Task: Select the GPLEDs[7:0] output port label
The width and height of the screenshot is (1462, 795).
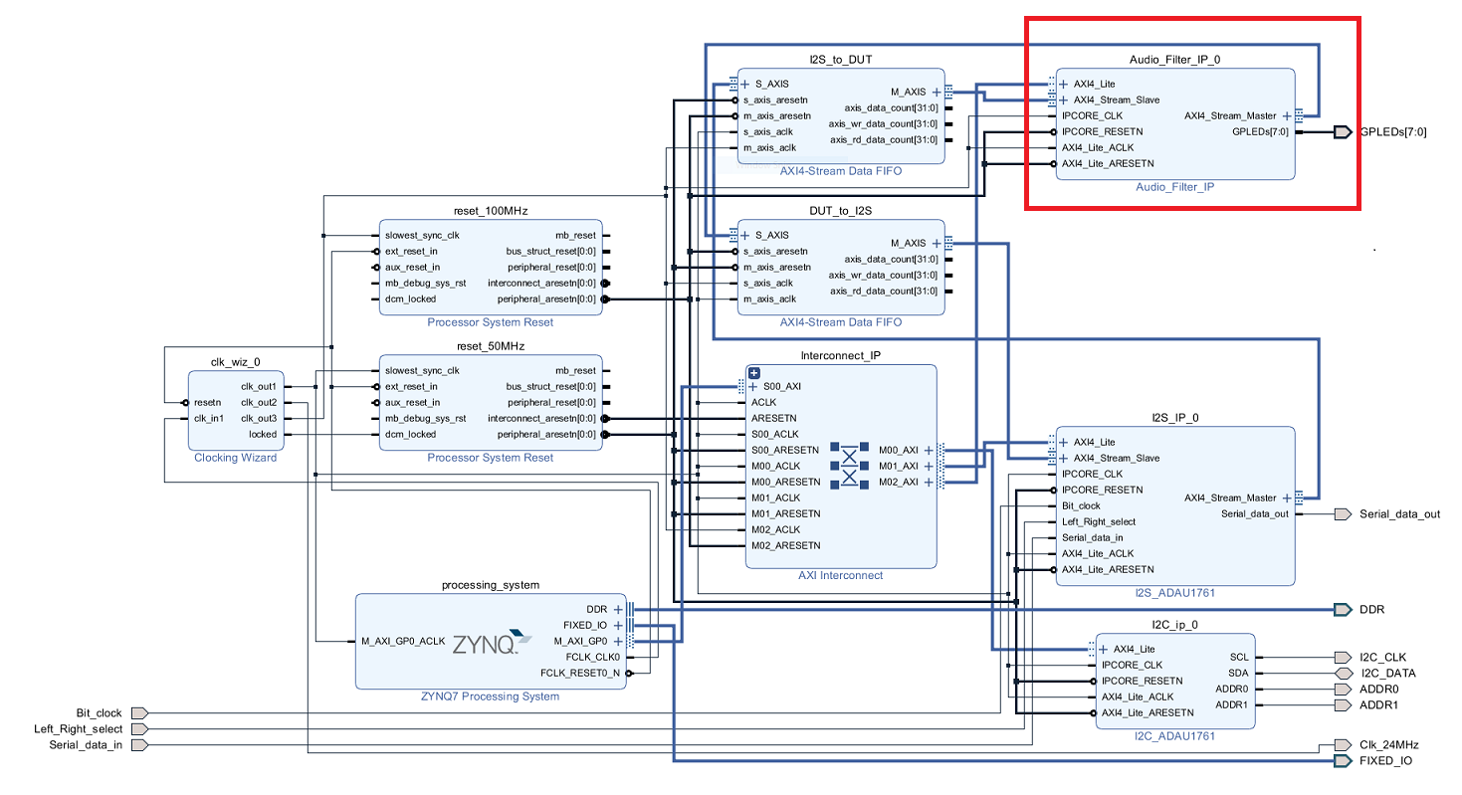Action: coord(1392,132)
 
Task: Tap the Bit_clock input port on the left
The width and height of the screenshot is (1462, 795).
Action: coord(99,713)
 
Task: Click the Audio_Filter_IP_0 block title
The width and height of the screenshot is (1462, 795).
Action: coord(1174,60)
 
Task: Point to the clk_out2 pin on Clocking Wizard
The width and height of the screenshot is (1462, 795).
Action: coord(259,402)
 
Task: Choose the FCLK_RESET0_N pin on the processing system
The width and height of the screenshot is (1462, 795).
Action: coord(586,673)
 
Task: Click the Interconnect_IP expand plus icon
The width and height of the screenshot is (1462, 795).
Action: coord(753,372)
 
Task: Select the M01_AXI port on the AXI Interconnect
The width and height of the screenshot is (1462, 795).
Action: coord(898,466)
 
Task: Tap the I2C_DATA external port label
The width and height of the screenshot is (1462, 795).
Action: coord(1386,674)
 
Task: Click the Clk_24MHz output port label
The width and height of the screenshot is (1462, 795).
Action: coord(1388,745)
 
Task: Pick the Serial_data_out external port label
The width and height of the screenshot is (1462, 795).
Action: coord(1399,514)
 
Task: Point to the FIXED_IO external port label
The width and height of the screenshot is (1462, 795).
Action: coord(1384,761)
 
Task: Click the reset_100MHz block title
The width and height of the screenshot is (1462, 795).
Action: coord(490,212)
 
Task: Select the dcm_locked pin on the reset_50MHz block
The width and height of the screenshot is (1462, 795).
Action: coord(410,434)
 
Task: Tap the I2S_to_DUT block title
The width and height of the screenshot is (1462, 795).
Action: coord(840,60)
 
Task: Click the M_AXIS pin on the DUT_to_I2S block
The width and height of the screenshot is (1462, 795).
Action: coord(908,243)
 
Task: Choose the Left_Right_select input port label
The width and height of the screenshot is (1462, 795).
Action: coord(78,729)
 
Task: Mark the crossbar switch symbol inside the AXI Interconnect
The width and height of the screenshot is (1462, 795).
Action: coord(849,465)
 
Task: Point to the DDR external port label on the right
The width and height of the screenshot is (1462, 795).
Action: coord(1371,610)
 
